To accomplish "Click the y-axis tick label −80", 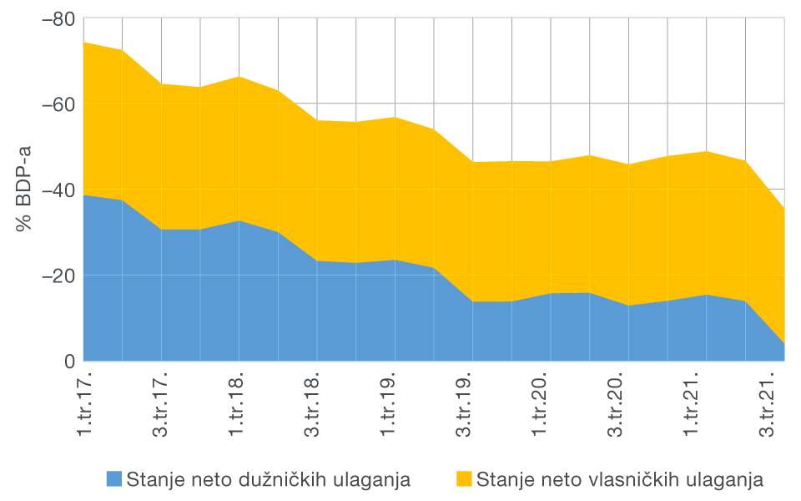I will (57, 18).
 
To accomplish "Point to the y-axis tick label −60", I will (57, 104).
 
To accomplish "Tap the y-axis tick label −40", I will (57, 190).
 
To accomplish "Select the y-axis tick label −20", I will (57, 276).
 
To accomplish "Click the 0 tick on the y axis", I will (69, 362).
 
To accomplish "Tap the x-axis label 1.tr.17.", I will (83, 403).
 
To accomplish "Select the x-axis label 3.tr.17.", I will (161, 403).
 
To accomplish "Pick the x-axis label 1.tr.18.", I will (239, 403).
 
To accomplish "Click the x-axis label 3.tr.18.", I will (317, 403).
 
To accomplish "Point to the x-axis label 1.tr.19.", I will (395, 403).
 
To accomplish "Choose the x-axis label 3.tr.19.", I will (472, 403).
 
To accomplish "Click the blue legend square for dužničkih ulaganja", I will (114, 478).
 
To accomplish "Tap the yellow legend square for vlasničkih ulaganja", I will (464, 478).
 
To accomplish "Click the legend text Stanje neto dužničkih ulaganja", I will (268, 479).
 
